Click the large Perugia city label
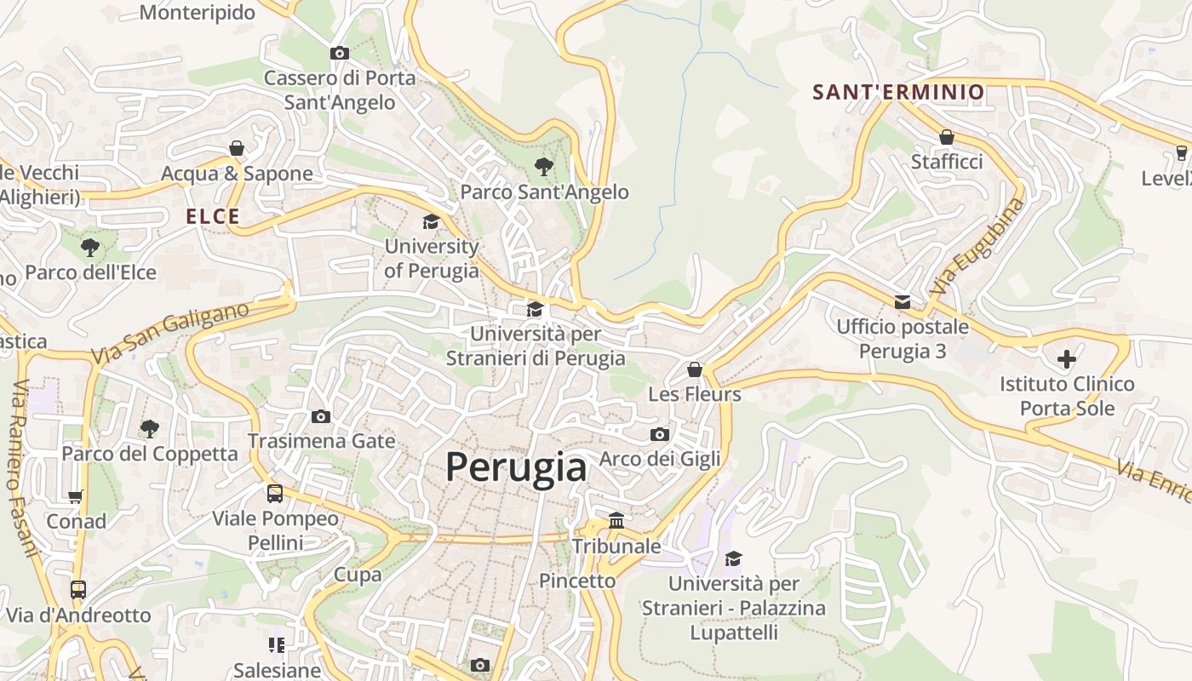coord(516,467)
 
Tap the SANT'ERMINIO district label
coord(898,92)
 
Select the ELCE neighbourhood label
coord(213,217)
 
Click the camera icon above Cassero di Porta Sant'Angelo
coord(340,54)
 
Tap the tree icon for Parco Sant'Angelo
coord(543,166)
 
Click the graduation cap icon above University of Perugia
coord(431,222)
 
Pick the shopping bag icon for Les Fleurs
coord(695,369)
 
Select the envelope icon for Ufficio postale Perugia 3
coord(902,302)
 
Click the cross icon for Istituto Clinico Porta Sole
coord(1066,359)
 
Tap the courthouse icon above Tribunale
coord(616,520)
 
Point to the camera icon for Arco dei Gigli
coord(659,434)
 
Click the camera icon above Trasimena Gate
coord(321,416)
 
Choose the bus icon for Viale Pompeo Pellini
coord(275,493)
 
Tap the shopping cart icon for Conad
coord(76,496)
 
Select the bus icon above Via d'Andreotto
coord(78,589)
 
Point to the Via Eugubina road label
coord(977,247)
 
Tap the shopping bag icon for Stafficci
coord(946,137)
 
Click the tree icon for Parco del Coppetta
coord(149,428)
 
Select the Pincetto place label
coord(577,581)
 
